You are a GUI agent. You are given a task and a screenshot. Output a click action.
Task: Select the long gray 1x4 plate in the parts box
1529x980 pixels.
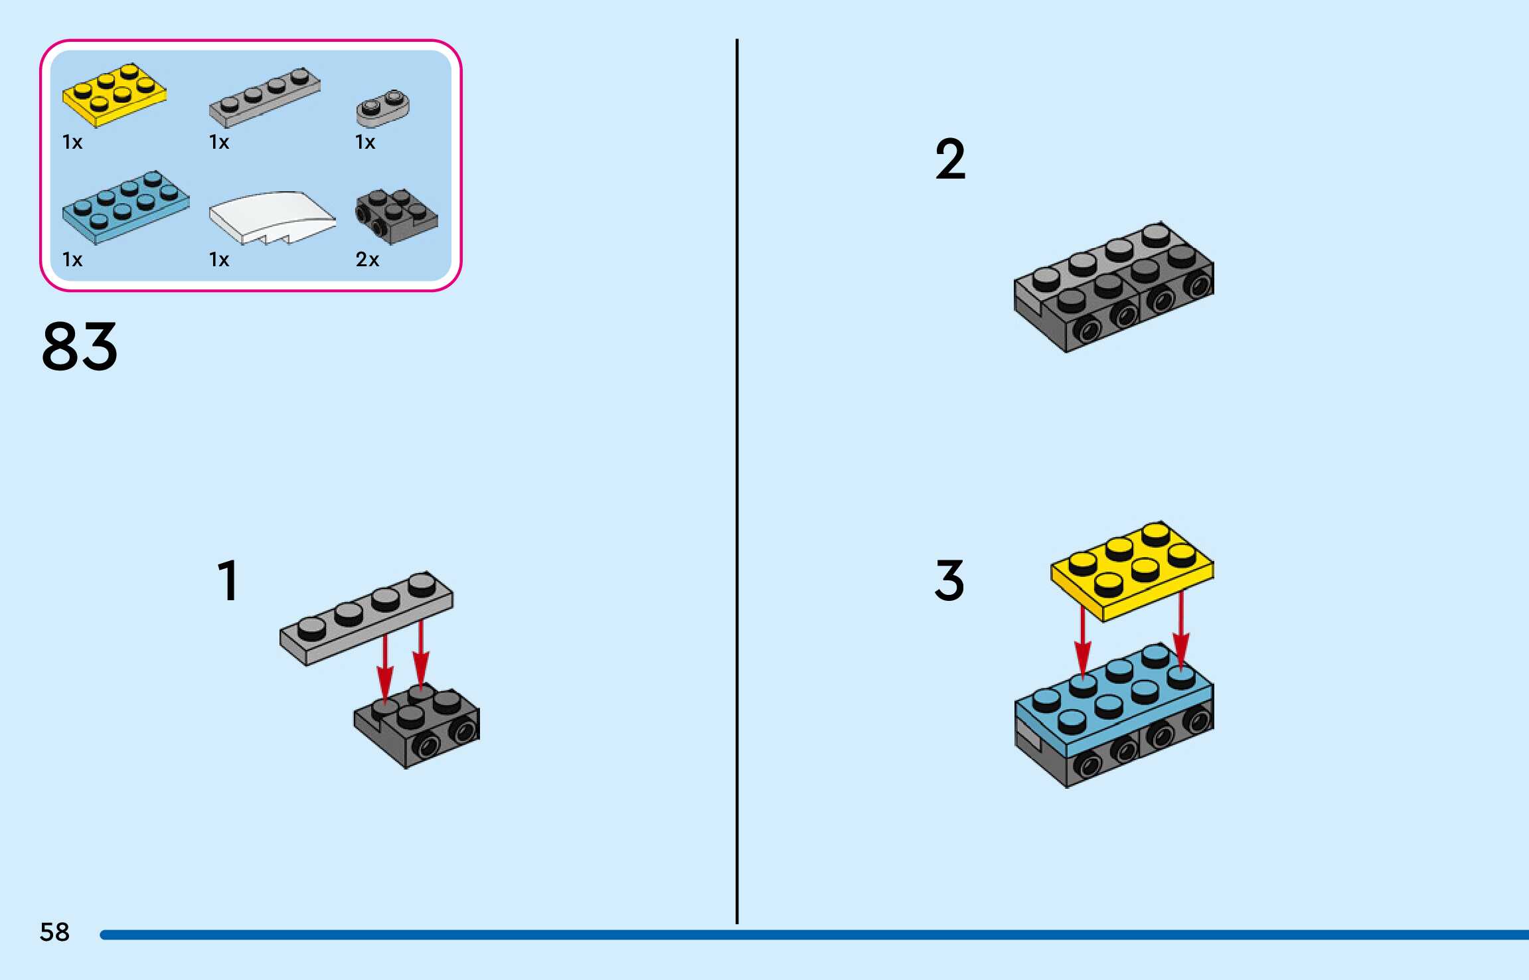pos(265,97)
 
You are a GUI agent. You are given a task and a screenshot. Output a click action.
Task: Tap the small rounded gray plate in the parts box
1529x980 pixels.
pos(382,108)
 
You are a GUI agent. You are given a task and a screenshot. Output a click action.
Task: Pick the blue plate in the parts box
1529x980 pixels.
pos(125,207)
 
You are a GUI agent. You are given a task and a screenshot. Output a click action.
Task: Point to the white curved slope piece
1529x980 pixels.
pos(272,216)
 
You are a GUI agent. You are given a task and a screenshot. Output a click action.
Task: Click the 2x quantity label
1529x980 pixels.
pos(367,259)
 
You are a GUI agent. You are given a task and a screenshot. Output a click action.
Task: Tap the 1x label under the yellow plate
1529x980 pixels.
pos(72,142)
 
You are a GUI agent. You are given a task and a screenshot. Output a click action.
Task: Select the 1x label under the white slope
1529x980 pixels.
pos(219,259)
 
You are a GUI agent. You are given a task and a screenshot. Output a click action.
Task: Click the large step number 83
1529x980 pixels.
pos(80,346)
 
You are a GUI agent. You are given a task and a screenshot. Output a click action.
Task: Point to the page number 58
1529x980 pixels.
pos(54,932)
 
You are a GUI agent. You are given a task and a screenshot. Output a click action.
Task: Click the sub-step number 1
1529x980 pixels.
pos(228,580)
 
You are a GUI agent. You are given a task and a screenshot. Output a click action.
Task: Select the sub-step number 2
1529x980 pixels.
pos(950,159)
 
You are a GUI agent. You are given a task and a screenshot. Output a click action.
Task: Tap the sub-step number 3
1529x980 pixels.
pos(949,580)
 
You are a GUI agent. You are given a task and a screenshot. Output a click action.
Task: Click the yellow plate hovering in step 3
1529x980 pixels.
pos(1131,571)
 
